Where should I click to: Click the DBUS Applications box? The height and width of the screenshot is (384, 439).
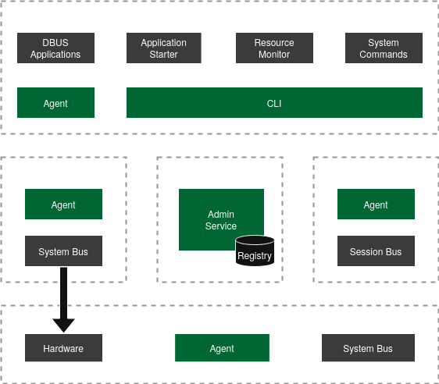point(55,48)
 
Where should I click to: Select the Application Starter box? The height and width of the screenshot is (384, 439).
point(164,48)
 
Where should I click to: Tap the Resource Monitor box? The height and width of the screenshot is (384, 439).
point(274,48)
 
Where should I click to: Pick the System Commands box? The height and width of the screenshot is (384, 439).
point(384,48)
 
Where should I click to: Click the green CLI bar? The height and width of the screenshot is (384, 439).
point(274,103)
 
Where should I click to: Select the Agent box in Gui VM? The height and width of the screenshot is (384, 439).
point(55,103)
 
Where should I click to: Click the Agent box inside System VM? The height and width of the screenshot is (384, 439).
point(63,204)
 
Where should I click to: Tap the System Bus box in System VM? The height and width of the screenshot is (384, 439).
point(63,251)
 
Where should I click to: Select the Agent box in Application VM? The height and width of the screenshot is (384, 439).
point(376,204)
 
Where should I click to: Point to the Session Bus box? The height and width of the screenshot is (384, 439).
point(376,251)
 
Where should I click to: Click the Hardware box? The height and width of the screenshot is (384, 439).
point(63,348)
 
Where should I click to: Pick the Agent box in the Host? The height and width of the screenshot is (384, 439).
point(222,348)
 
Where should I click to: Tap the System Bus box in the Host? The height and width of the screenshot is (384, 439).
point(368,348)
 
